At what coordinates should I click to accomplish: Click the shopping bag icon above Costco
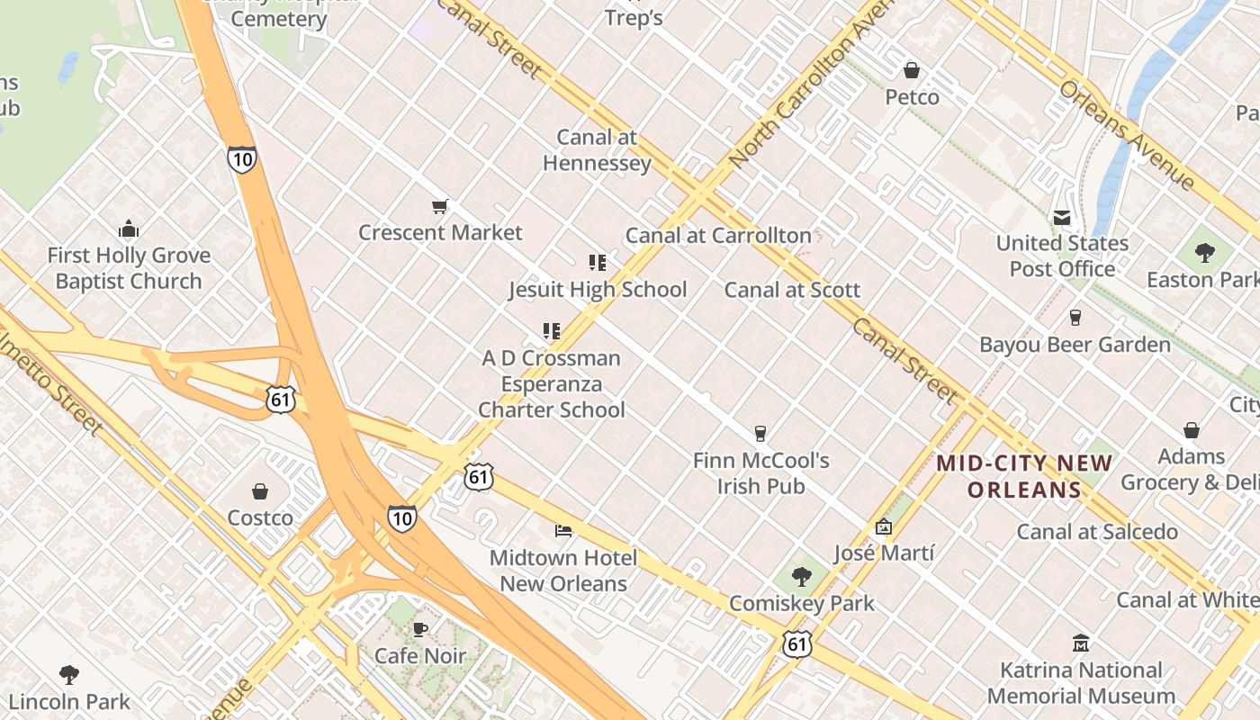click(x=260, y=491)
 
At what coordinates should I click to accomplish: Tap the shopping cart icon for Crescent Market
click(x=440, y=207)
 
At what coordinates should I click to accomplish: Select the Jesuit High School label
click(x=598, y=290)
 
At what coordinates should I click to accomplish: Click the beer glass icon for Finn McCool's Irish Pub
click(x=760, y=434)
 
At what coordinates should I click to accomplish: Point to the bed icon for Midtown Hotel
click(x=563, y=531)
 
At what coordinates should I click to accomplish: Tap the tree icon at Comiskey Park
click(x=801, y=577)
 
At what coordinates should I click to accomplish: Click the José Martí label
click(x=884, y=553)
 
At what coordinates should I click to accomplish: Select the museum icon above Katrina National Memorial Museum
click(x=1081, y=643)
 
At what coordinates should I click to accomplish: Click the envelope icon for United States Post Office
click(x=1062, y=218)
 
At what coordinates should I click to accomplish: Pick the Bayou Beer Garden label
click(x=1075, y=345)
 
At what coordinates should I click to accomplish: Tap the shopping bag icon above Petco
click(x=912, y=70)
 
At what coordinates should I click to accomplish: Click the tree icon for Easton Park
click(x=1204, y=253)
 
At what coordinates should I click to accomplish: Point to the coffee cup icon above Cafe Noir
click(x=419, y=629)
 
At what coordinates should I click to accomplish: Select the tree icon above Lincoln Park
click(x=68, y=675)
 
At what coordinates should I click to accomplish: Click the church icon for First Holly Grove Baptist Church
click(x=129, y=229)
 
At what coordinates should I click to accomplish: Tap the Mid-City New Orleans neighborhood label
click(x=1024, y=477)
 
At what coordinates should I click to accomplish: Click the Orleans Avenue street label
click(x=1127, y=136)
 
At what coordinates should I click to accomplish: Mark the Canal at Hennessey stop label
click(x=597, y=150)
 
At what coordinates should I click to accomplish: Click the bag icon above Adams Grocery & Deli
click(x=1192, y=430)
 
